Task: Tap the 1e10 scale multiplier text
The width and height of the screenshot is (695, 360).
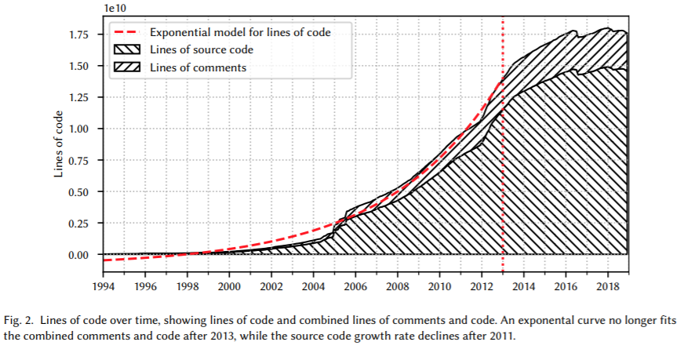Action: point(115,8)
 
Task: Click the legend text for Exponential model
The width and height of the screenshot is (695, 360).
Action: point(239,32)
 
